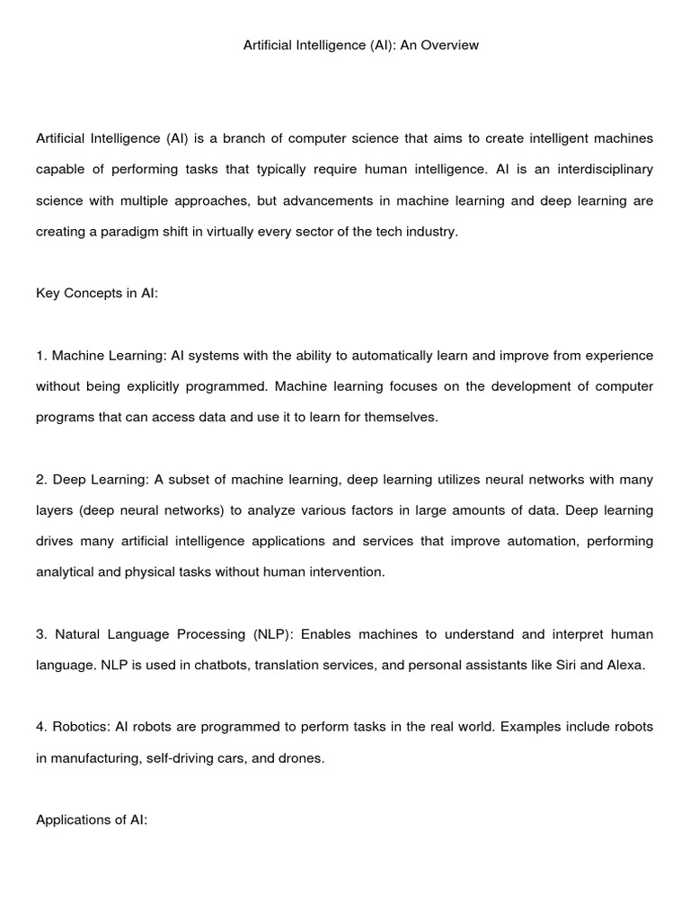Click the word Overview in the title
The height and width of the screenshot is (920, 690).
pyautogui.click(x=448, y=45)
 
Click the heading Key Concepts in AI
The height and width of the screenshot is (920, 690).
pyautogui.click(x=97, y=293)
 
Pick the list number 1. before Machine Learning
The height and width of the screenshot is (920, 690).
pyautogui.click(x=41, y=356)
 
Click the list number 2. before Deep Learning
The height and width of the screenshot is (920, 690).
pyautogui.click(x=41, y=480)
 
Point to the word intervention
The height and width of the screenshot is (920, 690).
pyautogui.click(x=345, y=572)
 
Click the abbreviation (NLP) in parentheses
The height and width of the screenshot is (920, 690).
pyautogui.click(x=269, y=634)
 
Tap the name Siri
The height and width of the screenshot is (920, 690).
pyautogui.click(x=550, y=666)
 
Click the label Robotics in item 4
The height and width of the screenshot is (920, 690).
pyautogui.click(x=75, y=727)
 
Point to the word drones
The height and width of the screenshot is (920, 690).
pyautogui.click(x=301, y=758)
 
